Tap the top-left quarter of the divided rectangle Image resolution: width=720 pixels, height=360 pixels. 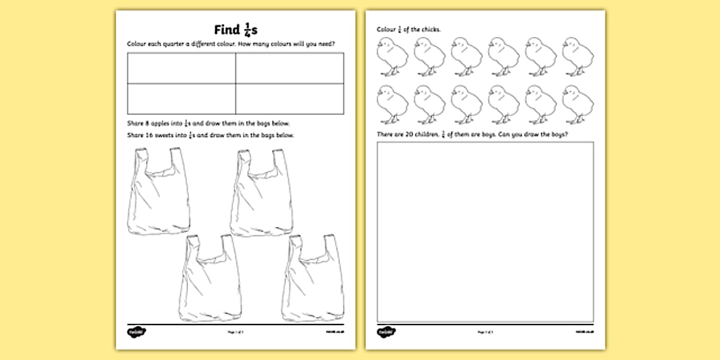coord(181,68)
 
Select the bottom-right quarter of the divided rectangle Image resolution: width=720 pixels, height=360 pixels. coord(290,98)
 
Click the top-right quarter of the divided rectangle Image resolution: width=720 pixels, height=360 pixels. coord(290,68)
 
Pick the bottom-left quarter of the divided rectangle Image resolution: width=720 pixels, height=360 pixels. coord(181,98)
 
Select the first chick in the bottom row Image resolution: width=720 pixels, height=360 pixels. coord(392,105)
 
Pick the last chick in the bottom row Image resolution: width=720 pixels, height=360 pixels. coord(578,105)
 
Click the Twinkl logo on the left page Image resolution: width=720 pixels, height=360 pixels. coord(133,331)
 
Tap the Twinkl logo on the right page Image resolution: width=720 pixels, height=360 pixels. coord(384,331)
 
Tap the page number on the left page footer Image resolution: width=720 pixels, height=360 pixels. coord(235,332)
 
